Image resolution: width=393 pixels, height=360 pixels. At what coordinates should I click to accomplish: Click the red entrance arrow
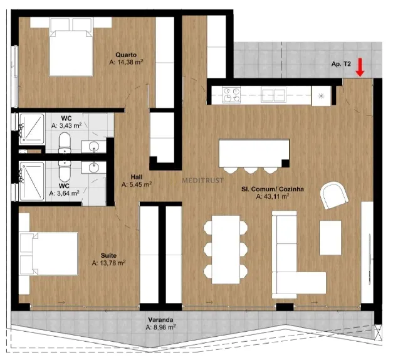coord(360,67)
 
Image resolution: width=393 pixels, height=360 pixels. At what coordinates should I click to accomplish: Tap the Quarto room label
coord(126,55)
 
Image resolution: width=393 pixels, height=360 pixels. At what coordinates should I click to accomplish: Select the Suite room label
coord(108,256)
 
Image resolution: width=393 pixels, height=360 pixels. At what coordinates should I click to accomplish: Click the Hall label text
coord(137,177)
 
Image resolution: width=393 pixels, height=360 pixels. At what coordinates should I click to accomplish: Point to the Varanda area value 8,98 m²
coord(160,327)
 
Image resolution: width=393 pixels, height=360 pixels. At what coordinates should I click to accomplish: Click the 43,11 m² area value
coord(273,197)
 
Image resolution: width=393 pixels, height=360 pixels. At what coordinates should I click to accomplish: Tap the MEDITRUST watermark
coord(202,181)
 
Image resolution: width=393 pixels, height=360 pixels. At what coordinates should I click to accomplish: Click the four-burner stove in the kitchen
coord(231,95)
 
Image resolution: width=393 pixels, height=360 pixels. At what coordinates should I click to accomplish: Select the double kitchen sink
coord(273,95)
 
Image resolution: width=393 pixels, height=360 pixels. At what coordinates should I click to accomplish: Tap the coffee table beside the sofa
coord(330,238)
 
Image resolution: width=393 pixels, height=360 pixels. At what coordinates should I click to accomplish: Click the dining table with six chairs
coord(226,250)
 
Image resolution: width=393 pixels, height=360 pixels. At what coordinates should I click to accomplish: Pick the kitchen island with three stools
coord(254,156)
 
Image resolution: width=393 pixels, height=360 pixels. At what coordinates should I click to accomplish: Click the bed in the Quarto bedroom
coord(71,46)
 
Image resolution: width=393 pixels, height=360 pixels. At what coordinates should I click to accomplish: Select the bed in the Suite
coord(49,253)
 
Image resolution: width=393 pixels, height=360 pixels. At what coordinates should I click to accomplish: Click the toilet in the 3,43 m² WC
coord(65,143)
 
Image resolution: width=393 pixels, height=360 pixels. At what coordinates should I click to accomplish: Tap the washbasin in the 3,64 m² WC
coord(93,167)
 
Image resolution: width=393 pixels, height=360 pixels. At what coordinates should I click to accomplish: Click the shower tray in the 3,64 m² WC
coord(32,181)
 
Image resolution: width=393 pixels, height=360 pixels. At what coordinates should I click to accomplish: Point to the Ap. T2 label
coord(341,64)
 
